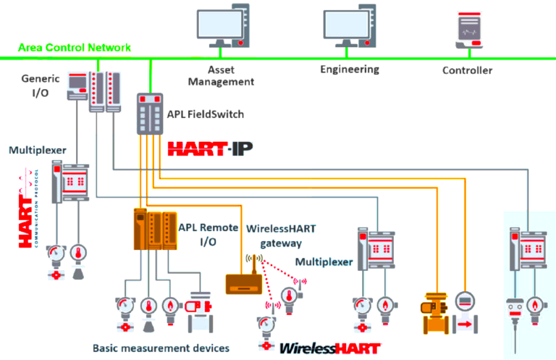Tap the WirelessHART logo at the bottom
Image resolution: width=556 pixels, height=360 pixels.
point(329,348)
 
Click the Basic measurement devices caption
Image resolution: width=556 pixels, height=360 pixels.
point(161,348)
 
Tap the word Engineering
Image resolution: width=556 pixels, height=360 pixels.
point(350,70)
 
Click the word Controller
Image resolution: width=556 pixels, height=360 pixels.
point(467,70)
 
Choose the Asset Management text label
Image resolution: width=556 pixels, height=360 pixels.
point(222,76)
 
